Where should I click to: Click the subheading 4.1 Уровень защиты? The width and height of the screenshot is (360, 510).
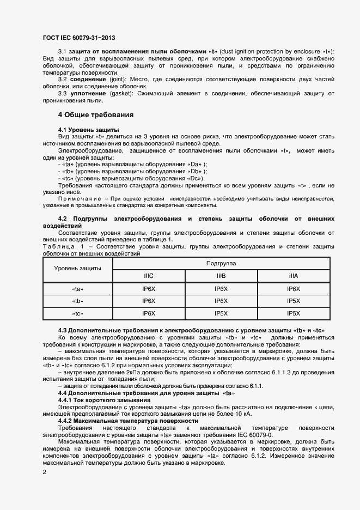[88, 129]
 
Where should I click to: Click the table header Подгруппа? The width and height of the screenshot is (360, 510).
[221, 263]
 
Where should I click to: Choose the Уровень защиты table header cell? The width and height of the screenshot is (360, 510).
[77, 269]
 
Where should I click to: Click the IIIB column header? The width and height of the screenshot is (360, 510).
[221, 276]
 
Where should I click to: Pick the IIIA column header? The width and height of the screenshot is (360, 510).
[293, 276]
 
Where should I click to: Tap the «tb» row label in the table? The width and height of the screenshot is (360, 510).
[77, 301]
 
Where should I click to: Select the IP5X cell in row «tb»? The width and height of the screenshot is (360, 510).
[293, 301]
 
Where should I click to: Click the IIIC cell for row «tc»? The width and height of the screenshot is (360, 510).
[148, 314]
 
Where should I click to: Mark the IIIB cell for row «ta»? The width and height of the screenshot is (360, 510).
[221, 289]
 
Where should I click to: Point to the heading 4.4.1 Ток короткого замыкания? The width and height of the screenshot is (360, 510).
[103, 400]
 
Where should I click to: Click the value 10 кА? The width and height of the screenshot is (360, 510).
[243, 414]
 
